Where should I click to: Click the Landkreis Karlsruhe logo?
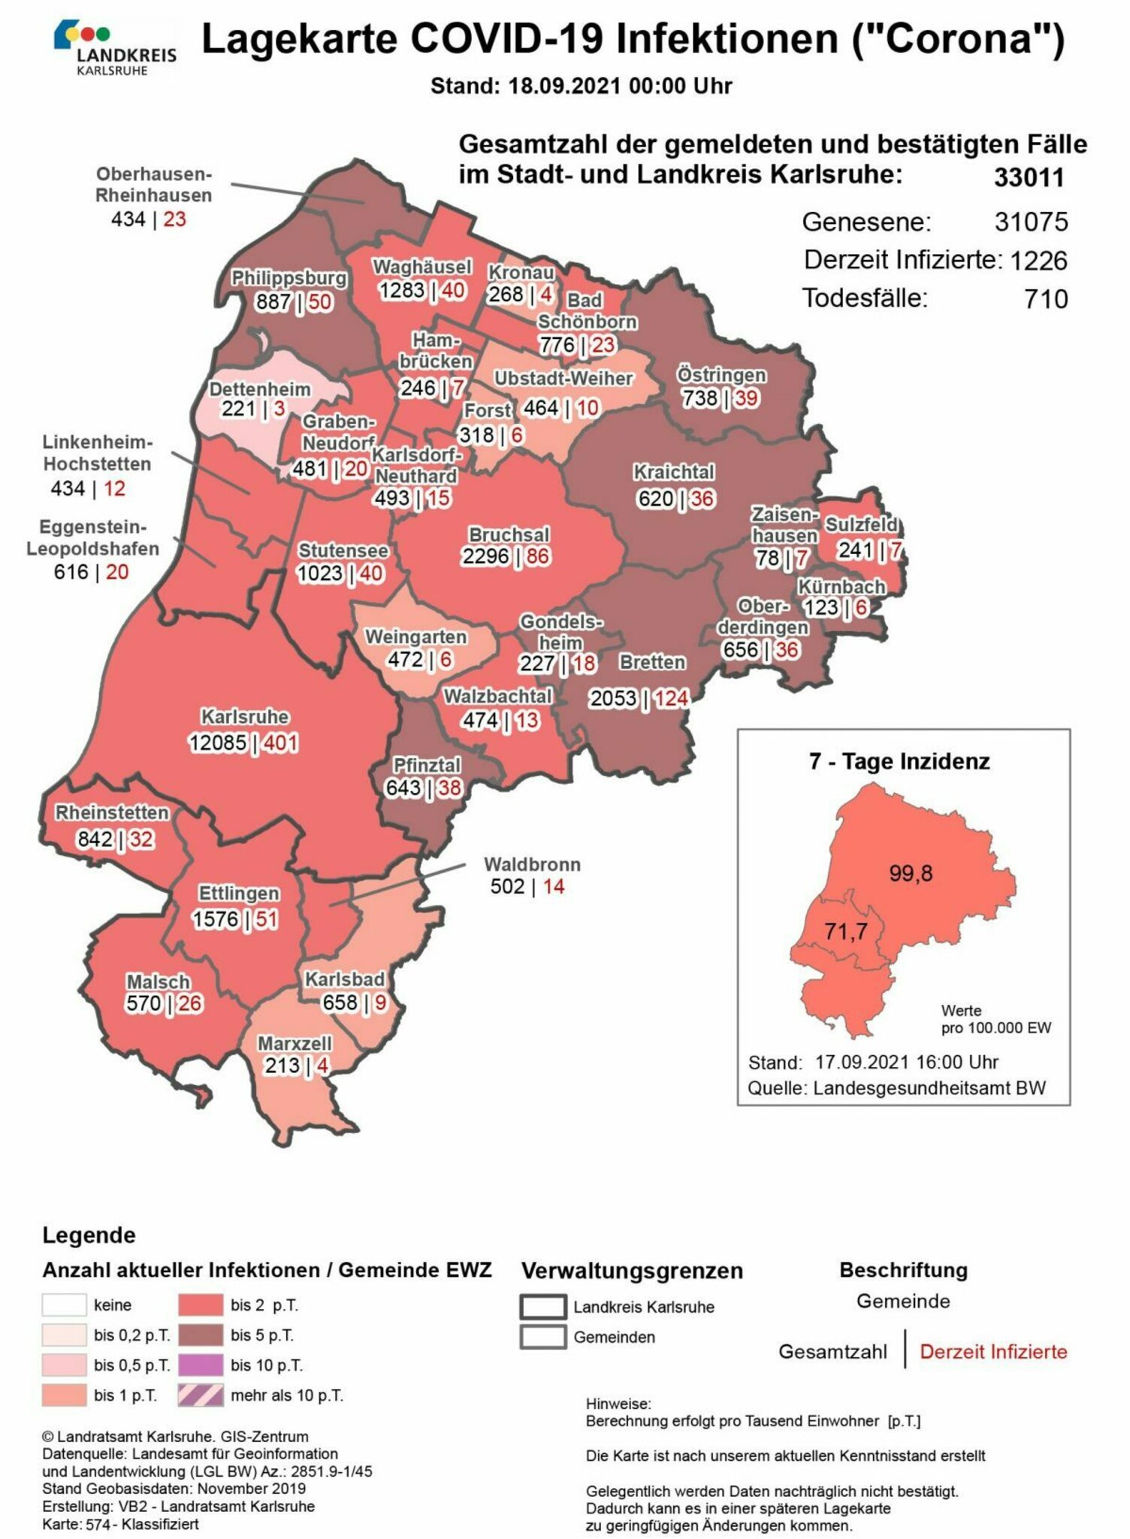tap(115, 48)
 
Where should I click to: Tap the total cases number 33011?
tap(1029, 178)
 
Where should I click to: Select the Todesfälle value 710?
tap(1045, 299)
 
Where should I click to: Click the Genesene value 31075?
tap(1031, 222)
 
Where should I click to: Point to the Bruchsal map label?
tap(509, 534)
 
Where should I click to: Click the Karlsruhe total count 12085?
tap(217, 742)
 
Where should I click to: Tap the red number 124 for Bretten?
tap(670, 698)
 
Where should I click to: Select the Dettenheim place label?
tap(259, 389)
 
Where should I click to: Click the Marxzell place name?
tap(294, 1043)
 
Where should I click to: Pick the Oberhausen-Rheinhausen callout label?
tap(154, 185)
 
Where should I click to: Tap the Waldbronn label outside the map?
tap(532, 864)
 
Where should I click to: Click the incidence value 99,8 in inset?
tap(911, 872)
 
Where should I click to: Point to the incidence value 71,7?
tap(845, 932)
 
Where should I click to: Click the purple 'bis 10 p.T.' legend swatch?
tap(201, 1365)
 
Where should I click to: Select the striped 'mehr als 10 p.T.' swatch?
tap(201, 1395)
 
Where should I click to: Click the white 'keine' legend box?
tap(64, 1305)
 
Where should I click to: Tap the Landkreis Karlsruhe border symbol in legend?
tap(542, 1307)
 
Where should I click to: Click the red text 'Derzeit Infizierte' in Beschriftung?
tap(993, 1352)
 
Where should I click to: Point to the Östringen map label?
tap(721, 374)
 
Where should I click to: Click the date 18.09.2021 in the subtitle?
tap(564, 86)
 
